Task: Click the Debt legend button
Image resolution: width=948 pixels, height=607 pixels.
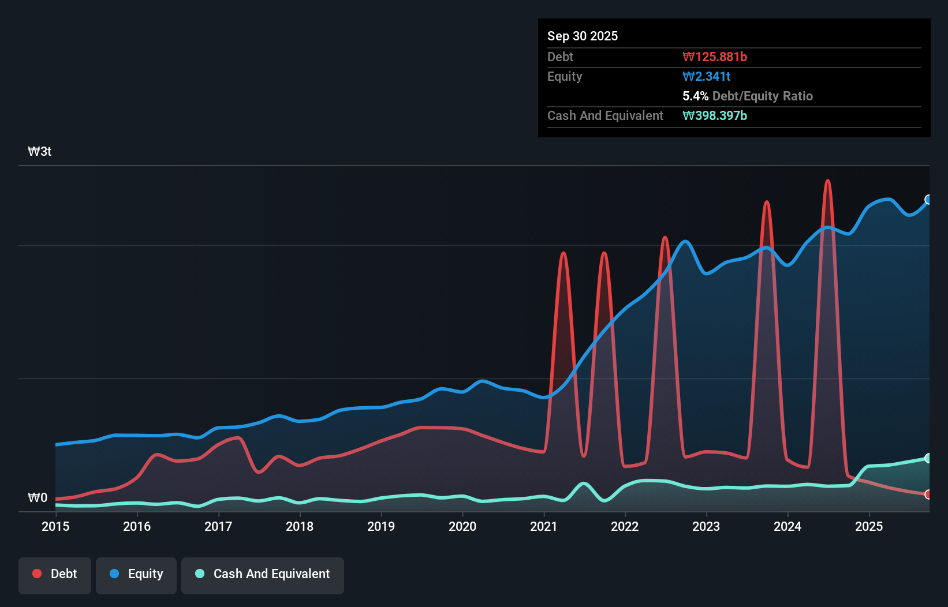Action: (55, 575)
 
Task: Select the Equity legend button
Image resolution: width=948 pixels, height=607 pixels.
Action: (136, 575)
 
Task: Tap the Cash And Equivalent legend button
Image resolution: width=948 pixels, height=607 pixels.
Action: (263, 575)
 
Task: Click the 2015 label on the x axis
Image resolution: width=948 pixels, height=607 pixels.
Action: (55, 526)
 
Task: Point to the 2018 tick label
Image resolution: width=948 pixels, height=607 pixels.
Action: (300, 526)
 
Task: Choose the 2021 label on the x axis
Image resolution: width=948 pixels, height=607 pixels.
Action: (544, 526)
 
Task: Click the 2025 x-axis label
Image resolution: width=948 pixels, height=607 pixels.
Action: (869, 526)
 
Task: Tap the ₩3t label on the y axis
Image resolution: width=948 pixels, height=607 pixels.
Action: (40, 152)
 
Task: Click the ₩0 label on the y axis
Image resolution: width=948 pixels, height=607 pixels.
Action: (38, 497)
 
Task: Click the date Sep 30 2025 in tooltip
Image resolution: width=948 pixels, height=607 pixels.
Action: (583, 36)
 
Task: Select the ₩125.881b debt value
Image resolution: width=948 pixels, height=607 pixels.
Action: (715, 57)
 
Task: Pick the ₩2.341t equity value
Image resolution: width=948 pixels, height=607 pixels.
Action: (707, 77)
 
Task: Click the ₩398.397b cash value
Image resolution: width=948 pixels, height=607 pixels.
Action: (715, 116)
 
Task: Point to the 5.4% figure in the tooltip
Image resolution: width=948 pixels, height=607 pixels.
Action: (695, 96)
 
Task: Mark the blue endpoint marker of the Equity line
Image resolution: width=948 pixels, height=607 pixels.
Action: (928, 200)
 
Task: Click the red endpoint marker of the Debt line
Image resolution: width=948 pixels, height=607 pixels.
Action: (928, 494)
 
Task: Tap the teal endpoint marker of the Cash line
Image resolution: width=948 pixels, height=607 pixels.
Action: (928, 458)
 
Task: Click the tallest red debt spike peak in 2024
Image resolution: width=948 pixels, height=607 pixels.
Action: (827, 181)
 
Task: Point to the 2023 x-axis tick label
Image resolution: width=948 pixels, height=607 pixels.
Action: (706, 526)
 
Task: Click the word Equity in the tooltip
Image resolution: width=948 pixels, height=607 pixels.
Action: (565, 77)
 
